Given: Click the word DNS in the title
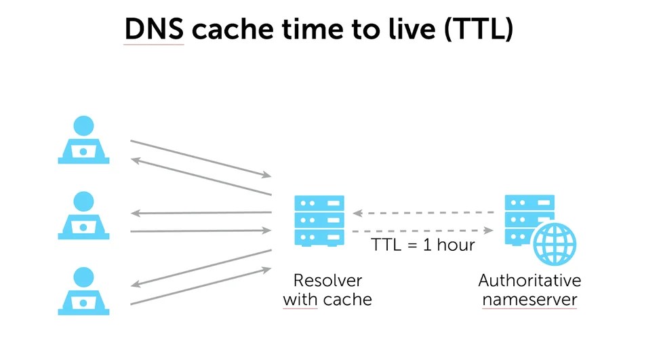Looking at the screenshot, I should point(154,31).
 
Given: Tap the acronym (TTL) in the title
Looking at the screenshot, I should point(477,31).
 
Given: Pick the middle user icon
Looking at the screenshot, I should point(83,215).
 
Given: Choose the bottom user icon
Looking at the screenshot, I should point(83,291).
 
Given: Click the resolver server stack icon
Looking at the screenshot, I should point(319,220).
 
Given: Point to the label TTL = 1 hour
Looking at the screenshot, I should point(422,245).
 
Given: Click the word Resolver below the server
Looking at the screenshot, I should point(327,280).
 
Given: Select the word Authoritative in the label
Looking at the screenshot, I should point(529,280).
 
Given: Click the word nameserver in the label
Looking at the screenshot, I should point(529,299).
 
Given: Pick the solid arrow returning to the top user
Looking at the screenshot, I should point(200,178).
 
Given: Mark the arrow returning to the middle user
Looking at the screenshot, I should point(201,213).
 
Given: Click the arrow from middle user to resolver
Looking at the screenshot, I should point(201,231).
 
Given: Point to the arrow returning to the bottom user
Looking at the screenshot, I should point(201,268).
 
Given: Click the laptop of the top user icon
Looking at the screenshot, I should point(83,152).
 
